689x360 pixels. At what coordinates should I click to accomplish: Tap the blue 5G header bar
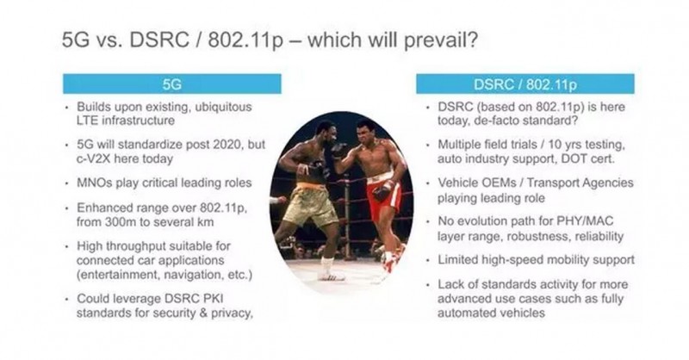171,84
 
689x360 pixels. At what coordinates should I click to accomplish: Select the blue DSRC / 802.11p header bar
525,84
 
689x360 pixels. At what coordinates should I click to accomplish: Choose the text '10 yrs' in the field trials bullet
566,145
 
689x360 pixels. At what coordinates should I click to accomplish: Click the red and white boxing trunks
383,196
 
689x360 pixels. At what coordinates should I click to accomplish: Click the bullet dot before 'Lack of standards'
428,285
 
